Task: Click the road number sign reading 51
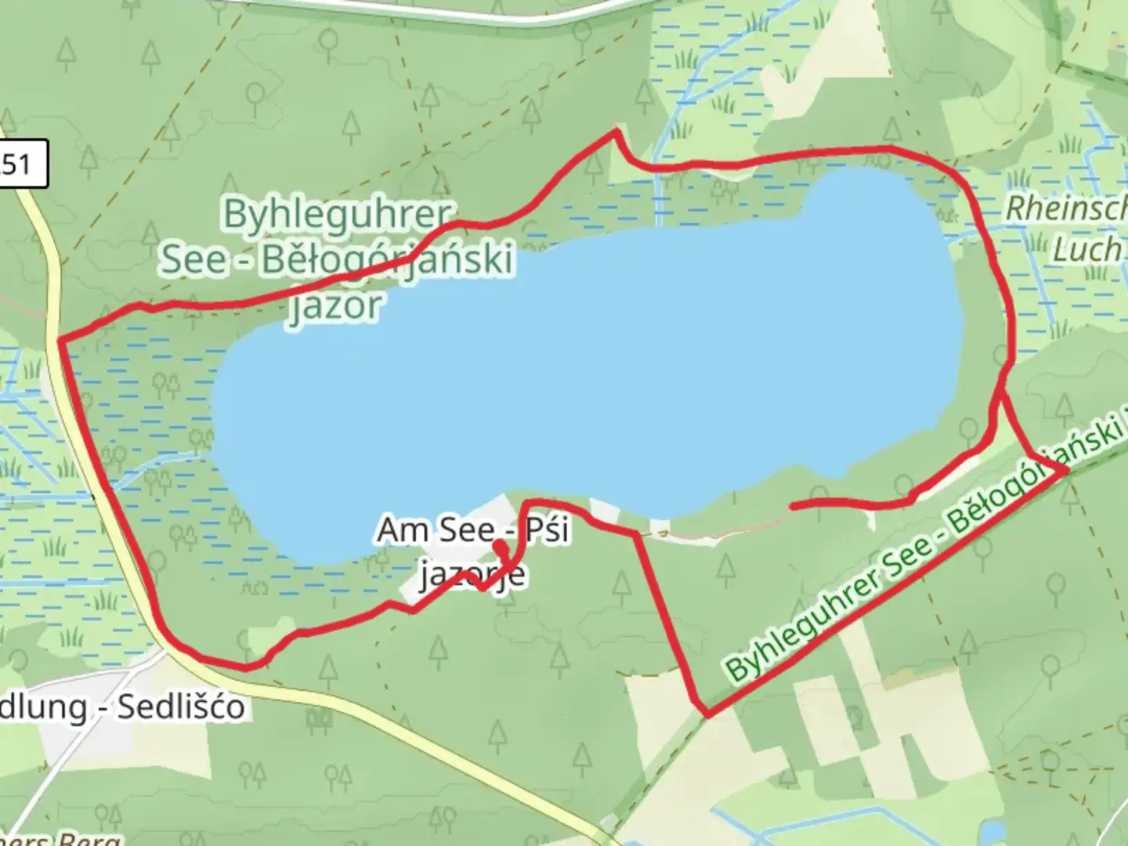point(20,164)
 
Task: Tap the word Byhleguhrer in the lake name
point(338,215)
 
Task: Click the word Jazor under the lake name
point(334,305)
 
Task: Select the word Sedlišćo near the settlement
point(181,707)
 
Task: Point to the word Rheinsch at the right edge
point(1065,208)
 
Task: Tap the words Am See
point(436,530)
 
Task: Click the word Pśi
point(548,530)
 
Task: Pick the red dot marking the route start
point(499,543)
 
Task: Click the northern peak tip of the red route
point(616,132)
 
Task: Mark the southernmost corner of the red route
point(708,714)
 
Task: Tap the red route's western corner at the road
point(61,340)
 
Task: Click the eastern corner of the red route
point(1065,470)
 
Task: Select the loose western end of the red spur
point(793,507)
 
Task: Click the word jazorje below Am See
point(472,575)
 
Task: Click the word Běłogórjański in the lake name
point(387,260)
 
